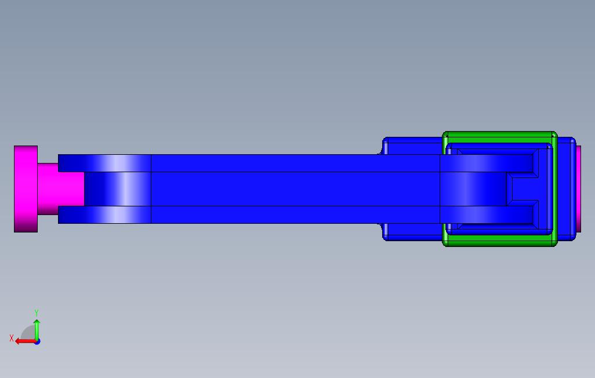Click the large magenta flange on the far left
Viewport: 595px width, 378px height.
26,189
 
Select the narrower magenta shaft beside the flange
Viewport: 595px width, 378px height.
61,189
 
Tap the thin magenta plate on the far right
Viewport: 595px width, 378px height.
578,188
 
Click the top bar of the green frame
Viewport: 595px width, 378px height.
499,137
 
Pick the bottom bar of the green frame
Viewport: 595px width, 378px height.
499,240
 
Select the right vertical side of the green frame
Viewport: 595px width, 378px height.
553,189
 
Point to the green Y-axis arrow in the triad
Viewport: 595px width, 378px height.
37,329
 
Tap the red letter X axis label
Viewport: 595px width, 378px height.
11,338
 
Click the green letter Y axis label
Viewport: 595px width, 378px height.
37,313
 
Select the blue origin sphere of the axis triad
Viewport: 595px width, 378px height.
37,341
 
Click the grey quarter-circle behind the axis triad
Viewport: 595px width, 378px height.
28,333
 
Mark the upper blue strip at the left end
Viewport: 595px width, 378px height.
104,163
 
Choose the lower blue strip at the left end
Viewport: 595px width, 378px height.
104,215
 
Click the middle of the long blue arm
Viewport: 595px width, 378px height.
290,189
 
